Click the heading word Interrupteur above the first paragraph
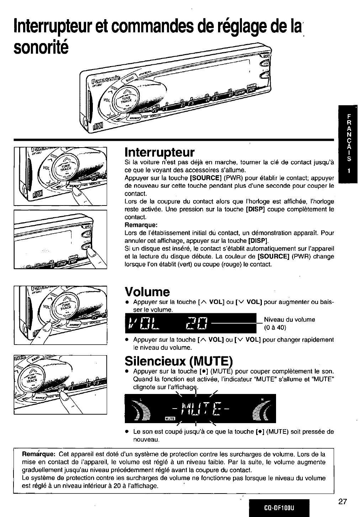tap(160, 153)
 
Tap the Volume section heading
tap(147, 292)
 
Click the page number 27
tap(342, 502)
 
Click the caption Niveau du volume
tap(289, 319)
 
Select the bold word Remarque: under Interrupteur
tap(141, 225)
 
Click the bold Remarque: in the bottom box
tap(38, 454)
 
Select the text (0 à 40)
tap(275, 327)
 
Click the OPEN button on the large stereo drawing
tap(265, 56)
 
